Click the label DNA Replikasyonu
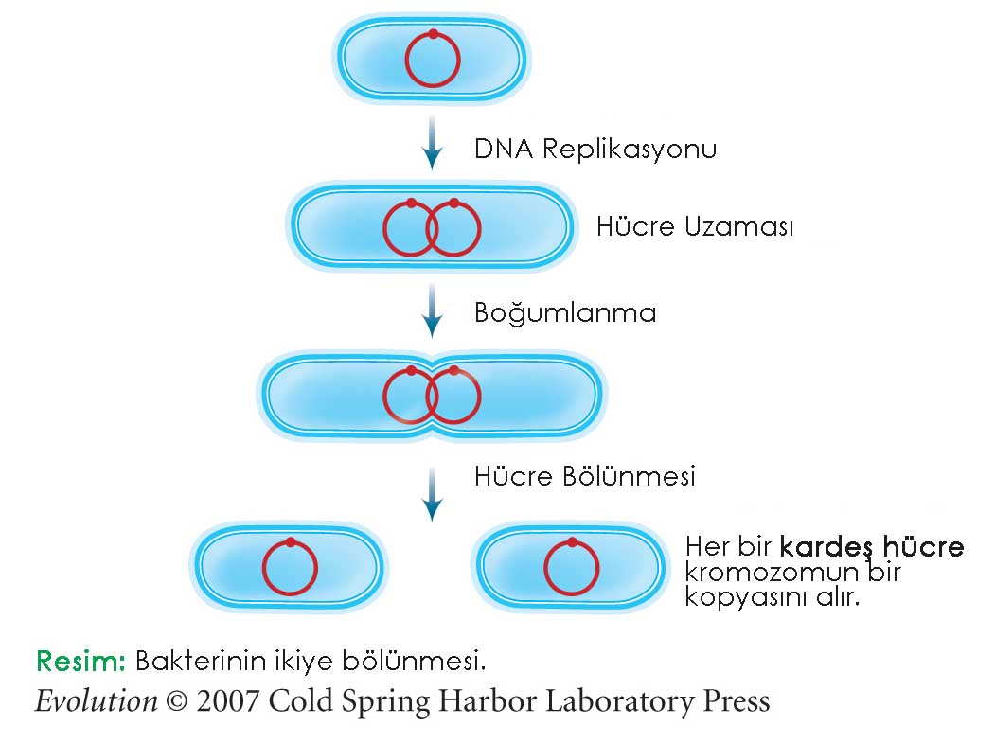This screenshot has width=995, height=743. click(x=595, y=150)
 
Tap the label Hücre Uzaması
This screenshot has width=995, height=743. click(x=694, y=228)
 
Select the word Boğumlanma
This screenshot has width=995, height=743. click(x=564, y=313)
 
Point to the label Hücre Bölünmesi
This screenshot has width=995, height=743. click(x=584, y=476)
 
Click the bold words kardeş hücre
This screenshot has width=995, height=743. click(x=871, y=547)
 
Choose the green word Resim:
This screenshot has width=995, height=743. click(x=80, y=660)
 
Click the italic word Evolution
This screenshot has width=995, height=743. click(x=96, y=701)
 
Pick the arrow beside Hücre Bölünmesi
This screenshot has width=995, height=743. click(x=432, y=493)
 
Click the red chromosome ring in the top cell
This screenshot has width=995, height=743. click(x=406, y=62)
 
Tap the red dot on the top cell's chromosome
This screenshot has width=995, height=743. click(x=433, y=35)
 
